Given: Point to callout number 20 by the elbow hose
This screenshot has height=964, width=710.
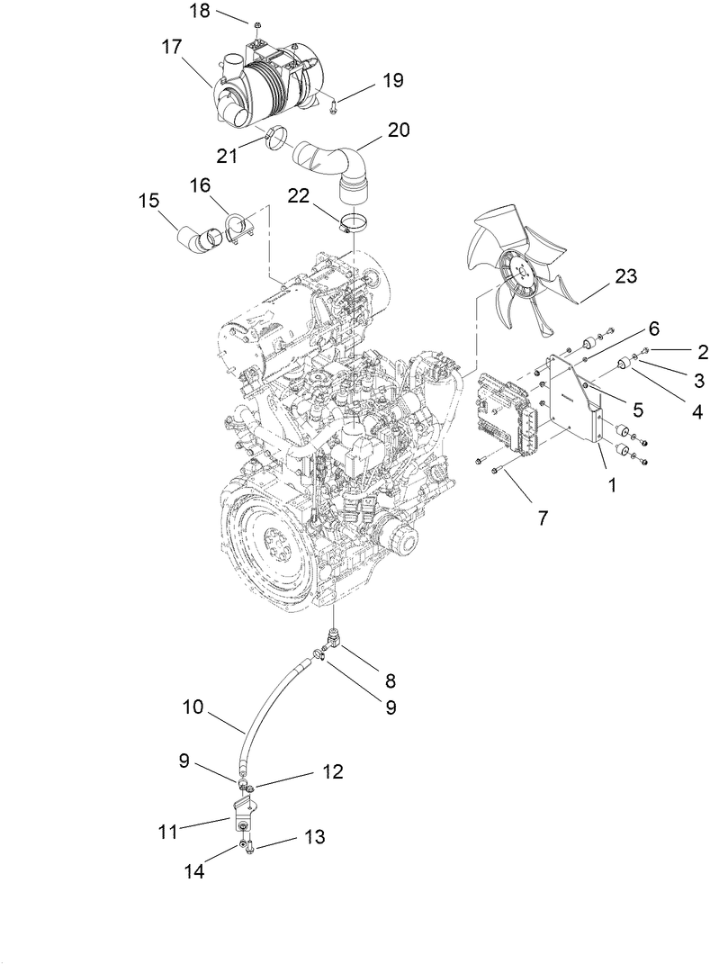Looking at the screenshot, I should click(398, 131).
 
